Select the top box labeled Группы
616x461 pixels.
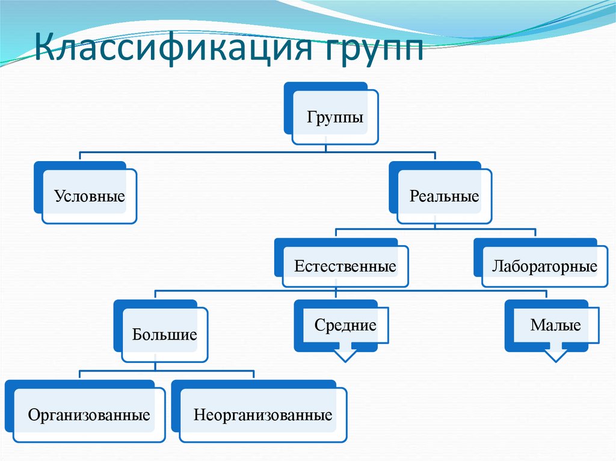point(335,117)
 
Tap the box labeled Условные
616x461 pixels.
point(90,197)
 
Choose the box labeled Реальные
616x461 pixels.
point(444,197)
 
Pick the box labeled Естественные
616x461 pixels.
point(345,266)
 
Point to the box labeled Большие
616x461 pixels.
point(165,335)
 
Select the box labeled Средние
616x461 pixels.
point(345,326)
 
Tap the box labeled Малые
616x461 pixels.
point(555,326)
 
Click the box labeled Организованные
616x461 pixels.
point(89,415)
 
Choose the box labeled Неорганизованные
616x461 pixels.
point(263,415)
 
